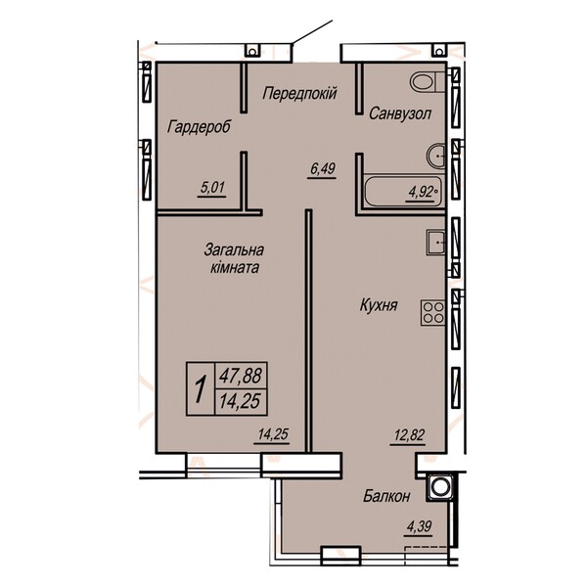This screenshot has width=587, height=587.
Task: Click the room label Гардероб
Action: click(199, 127)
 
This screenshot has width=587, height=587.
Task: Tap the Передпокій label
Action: click(300, 93)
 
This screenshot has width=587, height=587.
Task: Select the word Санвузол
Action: click(400, 113)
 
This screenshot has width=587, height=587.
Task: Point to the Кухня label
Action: click(379, 305)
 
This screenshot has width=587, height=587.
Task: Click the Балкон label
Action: click(386, 496)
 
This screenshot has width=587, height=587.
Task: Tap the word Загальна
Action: click(234, 249)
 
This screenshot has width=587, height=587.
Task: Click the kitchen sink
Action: click(435, 243)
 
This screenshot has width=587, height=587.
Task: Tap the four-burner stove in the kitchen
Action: click(433, 313)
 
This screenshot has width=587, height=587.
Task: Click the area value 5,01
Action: click(212, 187)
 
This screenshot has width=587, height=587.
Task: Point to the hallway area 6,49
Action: click(322, 169)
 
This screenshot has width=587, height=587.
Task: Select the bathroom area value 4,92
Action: click(420, 193)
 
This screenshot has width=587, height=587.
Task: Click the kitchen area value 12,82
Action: click(409, 435)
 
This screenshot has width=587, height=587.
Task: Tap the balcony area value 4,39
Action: click(419, 526)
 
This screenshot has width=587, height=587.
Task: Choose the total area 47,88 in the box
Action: click(241, 376)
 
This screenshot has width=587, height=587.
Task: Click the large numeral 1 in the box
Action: click(201, 389)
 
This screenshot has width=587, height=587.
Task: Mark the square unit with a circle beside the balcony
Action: click(438, 486)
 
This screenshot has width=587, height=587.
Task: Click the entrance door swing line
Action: click(312, 32)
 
